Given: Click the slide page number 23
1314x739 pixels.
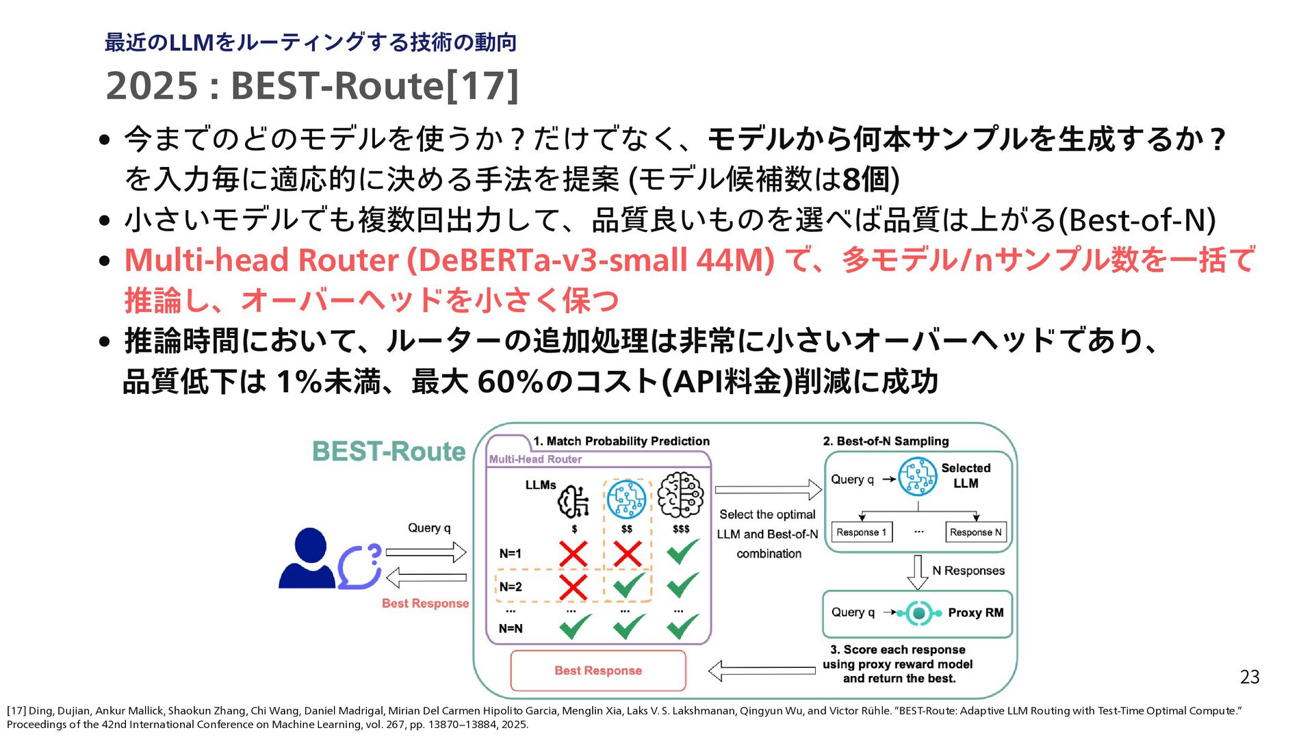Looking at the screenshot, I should tap(1249, 677).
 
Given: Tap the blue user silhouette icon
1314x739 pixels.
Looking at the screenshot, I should tap(308, 558).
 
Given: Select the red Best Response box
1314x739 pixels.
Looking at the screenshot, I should tap(598, 671).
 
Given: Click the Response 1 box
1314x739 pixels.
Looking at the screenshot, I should tap(861, 532).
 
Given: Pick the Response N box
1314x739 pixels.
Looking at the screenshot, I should tap(975, 532).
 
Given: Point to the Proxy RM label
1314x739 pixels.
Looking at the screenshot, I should tap(975, 612).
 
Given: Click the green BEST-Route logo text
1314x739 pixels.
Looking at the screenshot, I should tap(389, 452).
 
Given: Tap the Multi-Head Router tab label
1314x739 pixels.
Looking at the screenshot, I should tap(535, 459).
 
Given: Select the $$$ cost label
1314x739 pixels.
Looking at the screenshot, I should tap(681, 529).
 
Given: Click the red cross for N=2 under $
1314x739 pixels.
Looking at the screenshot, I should tap(574, 586).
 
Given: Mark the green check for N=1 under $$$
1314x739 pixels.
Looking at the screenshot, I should tap(682, 552).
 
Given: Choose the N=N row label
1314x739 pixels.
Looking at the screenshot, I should tap(511, 628).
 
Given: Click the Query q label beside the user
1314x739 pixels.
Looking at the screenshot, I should tap(429, 528).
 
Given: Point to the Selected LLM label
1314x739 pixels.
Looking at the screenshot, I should tap(966, 476).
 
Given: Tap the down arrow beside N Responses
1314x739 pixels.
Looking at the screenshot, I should tap(917, 572).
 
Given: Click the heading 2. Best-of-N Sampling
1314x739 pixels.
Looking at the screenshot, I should tap(886, 441).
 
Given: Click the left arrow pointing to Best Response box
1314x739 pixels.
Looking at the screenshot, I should tap(762, 671).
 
